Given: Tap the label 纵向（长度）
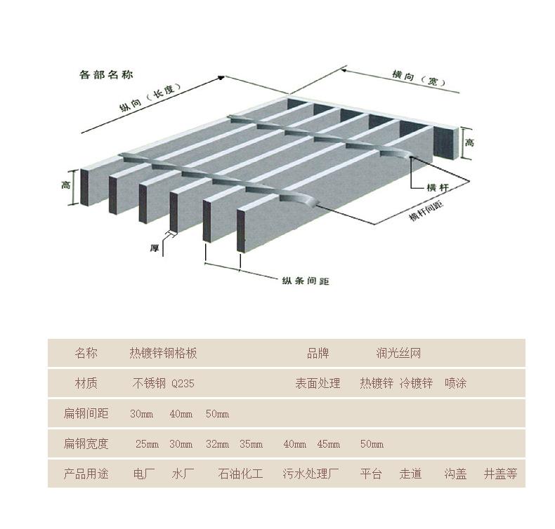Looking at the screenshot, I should [150, 98].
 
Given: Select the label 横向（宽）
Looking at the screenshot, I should [417, 77].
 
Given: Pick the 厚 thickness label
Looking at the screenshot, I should [154, 248].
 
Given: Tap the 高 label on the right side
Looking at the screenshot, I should [469, 142].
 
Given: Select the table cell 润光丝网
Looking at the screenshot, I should [398, 354].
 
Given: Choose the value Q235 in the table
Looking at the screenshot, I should [183, 384].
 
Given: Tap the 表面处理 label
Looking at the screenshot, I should [318, 383].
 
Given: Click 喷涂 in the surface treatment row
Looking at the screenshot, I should [455, 383].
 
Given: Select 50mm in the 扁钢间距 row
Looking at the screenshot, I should [217, 414].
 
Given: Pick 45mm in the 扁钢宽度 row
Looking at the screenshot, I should [328, 444].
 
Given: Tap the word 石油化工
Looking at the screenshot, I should [240, 474].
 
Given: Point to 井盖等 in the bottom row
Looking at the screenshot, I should [500, 474].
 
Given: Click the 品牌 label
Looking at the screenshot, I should [318, 354].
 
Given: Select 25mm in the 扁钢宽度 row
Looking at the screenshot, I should [147, 444].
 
